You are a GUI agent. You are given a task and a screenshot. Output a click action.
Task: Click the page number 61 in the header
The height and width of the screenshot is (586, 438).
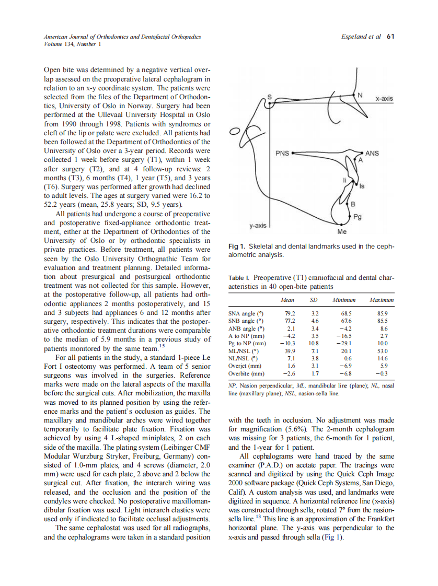[x=390, y=37]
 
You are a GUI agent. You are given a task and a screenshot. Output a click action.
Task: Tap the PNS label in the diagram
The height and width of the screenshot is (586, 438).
[x=283, y=154]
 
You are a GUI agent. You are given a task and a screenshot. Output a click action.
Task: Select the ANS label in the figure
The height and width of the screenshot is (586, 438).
[x=372, y=153]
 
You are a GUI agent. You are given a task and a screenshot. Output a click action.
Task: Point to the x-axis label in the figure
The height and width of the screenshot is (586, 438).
[x=384, y=98]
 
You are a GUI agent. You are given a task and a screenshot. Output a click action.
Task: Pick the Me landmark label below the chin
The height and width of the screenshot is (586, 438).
[x=342, y=231]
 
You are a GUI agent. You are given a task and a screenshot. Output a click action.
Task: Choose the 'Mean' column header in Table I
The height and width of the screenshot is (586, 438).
[x=287, y=300]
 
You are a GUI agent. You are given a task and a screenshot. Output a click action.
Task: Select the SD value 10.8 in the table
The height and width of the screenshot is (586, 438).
[x=314, y=344]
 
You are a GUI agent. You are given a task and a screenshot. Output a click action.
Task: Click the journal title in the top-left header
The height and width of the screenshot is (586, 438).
[x=122, y=37]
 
